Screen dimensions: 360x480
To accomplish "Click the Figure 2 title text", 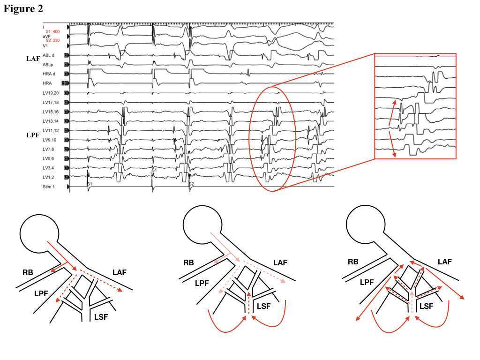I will click(x=23, y=9).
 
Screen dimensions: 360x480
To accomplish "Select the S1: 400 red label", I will click(x=52, y=31).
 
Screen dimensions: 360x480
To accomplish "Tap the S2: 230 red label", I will click(x=52, y=41).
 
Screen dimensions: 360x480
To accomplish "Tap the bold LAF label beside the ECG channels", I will click(x=33, y=59).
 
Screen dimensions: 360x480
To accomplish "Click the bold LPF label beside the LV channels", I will click(x=33, y=135).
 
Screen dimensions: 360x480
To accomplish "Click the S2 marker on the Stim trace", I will click(x=191, y=184).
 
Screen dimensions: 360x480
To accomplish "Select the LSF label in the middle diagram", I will click(x=264, y=306).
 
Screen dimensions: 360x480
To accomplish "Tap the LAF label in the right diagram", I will click(x=444, y=262).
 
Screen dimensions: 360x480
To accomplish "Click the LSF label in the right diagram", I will click(x=426, y=306).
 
